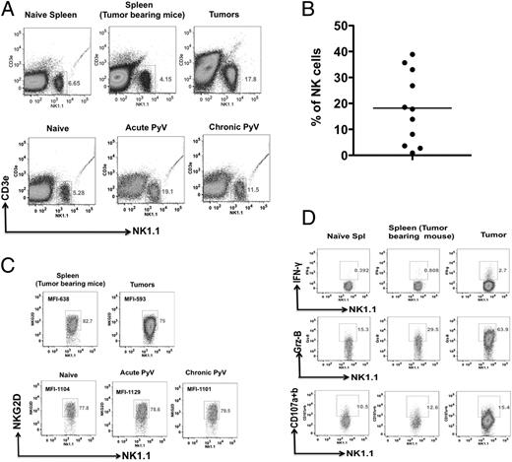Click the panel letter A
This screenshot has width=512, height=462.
tap(10, 9)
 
